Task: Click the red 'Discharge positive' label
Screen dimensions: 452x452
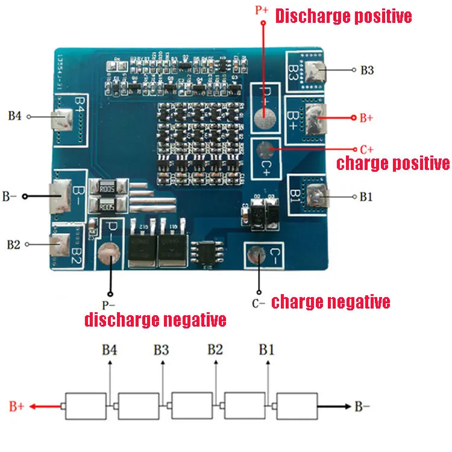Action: [x=344, y=16]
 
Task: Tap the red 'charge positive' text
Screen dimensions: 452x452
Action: [x=392, y=163]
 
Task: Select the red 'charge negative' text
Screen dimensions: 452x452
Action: [x=331, y=301]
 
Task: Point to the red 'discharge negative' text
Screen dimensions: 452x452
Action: [x=155, y=319]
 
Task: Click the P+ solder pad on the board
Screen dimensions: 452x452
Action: [x=263, y=118]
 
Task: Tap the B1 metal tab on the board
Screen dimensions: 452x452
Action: [x=317, y=195]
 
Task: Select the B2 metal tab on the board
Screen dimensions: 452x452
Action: [x=61, y=244]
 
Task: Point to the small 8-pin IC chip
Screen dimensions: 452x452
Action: [x=207, y=253]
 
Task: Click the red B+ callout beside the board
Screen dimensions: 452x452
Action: [x=366, y=118]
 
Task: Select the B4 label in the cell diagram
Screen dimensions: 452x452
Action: [x=109, y=350]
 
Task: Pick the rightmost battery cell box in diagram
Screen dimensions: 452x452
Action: [x=297, y=406]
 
